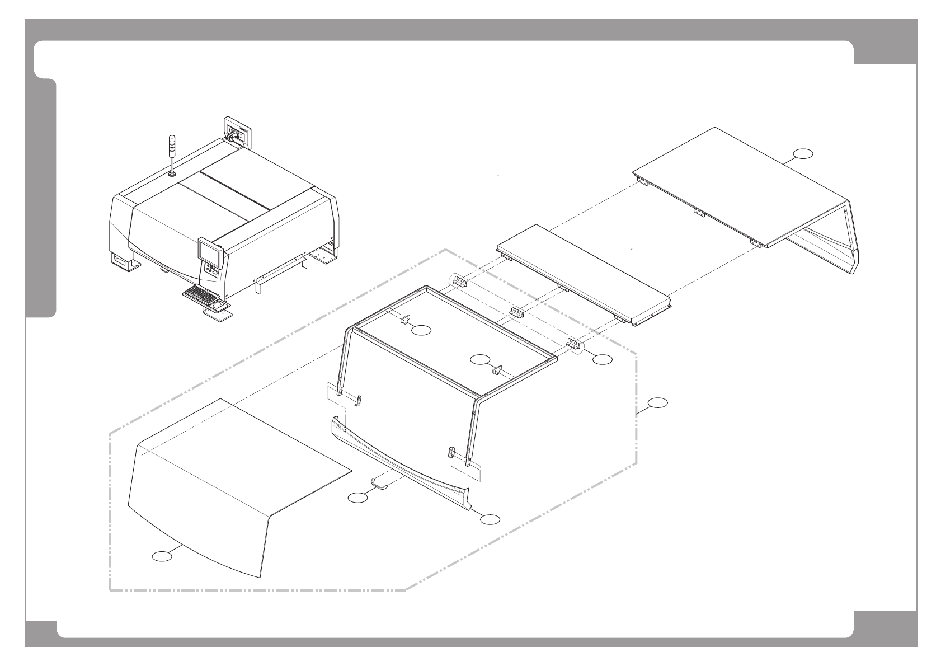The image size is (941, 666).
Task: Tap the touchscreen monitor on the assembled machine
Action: coord(210,252)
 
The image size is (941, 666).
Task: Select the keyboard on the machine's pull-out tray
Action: coord(199,293)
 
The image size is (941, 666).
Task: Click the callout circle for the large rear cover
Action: coord(803,154)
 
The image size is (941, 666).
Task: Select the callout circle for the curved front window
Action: coord(162,556)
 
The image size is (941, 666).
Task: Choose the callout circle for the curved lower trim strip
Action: coord(490,519)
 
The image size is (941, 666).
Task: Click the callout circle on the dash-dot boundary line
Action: coord(658,402)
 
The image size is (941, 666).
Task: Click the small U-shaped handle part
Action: coord(380,482)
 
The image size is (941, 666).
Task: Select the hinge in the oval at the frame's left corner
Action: coord(459,281)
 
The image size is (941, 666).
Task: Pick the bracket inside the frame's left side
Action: coord(404,319)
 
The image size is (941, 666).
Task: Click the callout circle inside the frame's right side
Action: coord(479,359)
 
